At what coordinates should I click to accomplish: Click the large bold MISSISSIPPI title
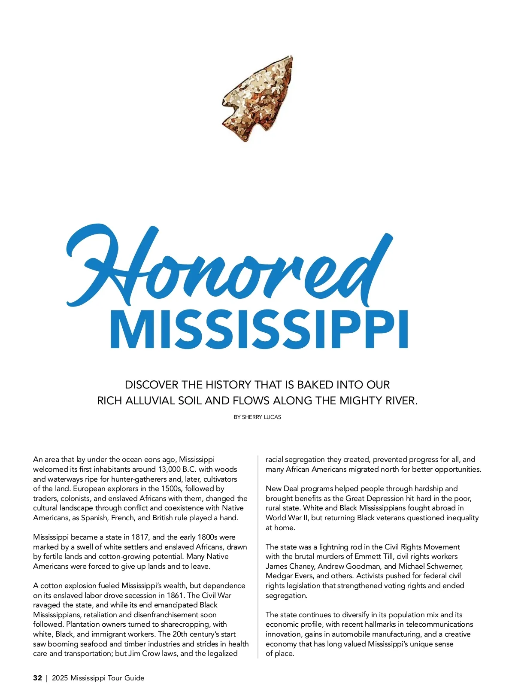[x=259, y=329]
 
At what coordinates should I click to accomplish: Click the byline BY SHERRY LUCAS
[x=257, y=417]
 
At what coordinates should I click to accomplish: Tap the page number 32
[x=37, y=678]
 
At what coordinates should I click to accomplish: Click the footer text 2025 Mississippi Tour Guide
[x=98, y=678]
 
